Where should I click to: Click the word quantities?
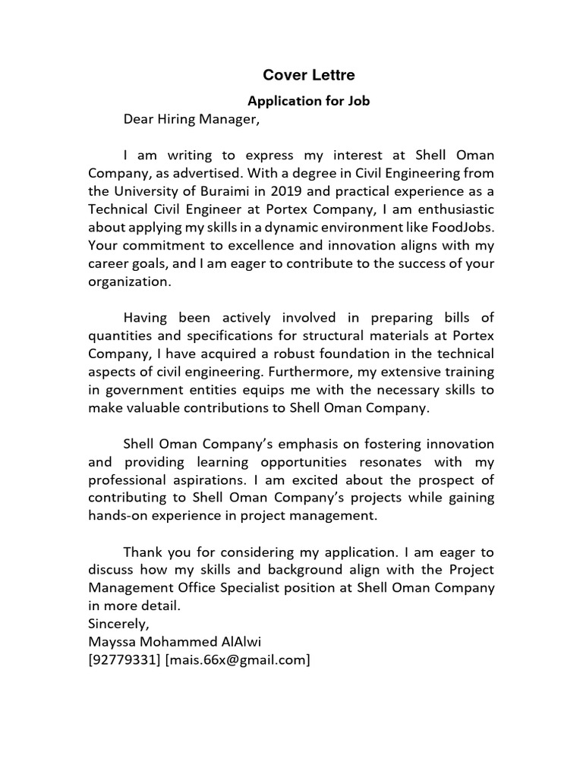[x=123, y=335]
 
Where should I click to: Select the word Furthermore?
[x=324, y=372]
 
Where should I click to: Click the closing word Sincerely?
[x=119, y=624]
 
